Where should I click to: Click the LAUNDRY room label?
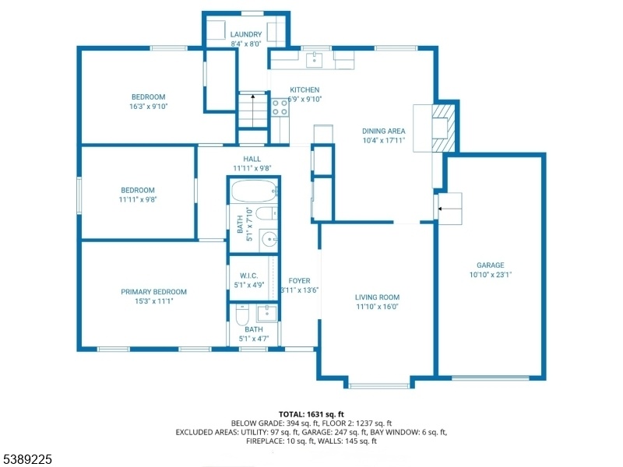pos(246,34)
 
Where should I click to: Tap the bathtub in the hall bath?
pos(254,191)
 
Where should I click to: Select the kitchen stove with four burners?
pos(280,107)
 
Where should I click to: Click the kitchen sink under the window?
pos(315,60)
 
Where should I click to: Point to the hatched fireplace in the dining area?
pos(443,128)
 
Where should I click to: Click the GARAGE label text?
pos(491,265)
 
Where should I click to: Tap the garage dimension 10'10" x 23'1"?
pos(491,275)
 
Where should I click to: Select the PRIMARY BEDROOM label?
pos(153,292)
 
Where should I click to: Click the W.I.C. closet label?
pos(248,276)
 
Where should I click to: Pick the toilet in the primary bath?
pos(242,314)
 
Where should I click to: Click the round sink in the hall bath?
pos(269,240)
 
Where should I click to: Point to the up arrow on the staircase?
pos(252,110)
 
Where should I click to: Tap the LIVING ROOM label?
pos(377,297)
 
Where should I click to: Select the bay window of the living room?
pos(379,385)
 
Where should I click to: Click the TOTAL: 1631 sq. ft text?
pos(311,415)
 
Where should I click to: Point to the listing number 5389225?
pos(26,459)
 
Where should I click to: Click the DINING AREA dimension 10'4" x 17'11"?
pos(383,140)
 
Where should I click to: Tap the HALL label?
pos(252,160)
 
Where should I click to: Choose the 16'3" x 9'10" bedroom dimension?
pos(148,107)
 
